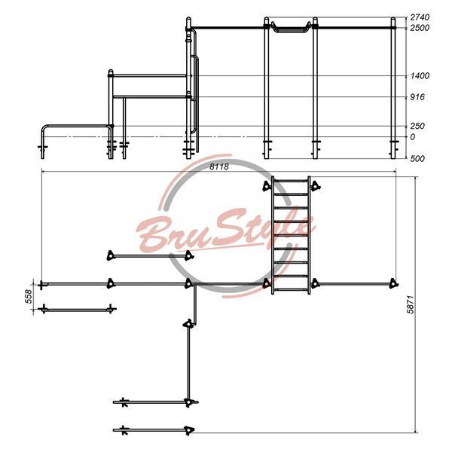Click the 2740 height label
coord(420,17)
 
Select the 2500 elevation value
coord(420,28)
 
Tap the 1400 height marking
coord(420,76)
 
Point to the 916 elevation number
coord(417,97)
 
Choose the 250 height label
coord(417,126)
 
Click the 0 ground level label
coord(413,137)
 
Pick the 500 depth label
coord(417,158)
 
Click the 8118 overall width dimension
coord(218,166)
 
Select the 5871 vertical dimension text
coord(411,304)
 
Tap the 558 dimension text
coord(29,296)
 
